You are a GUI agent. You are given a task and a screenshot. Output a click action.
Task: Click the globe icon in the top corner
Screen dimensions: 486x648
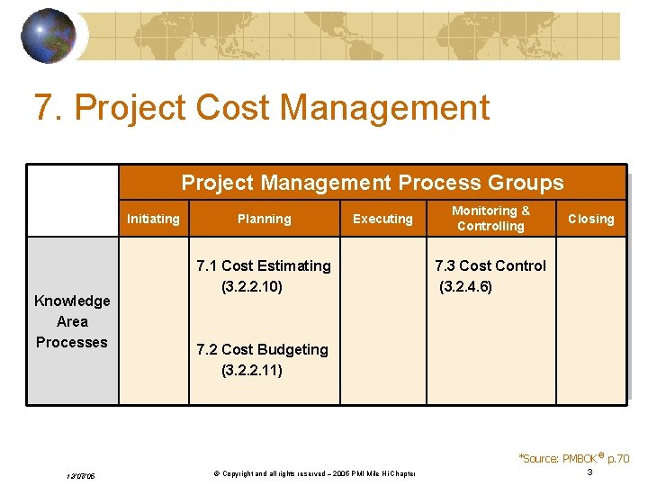point(49,36)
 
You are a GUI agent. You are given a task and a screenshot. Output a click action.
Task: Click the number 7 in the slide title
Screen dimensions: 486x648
point(42,108)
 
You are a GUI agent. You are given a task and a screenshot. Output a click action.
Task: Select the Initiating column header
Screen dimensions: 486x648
point(153,219)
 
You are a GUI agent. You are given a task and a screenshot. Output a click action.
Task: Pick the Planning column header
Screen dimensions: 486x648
point(264,219)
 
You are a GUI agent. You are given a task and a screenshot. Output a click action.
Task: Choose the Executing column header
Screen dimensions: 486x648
point(382,219)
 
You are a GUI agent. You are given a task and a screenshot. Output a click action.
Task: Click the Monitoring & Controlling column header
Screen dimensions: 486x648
point(490,218)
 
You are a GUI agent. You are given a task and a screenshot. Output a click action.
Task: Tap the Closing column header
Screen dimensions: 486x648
point(590,219)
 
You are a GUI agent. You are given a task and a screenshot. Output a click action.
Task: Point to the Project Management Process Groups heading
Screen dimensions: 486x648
point(373,183)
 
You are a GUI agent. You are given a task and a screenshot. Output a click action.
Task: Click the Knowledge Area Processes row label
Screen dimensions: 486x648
point(72,321)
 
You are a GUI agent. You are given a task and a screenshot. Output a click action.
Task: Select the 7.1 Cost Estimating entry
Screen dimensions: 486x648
point(263,265)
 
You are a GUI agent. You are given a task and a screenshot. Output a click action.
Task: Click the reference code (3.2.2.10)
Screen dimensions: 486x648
point(252,286)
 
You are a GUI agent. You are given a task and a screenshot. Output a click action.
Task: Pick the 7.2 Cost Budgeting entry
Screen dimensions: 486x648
point(262,349)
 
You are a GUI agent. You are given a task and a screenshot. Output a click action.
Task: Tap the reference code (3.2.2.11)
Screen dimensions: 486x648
point(252,370)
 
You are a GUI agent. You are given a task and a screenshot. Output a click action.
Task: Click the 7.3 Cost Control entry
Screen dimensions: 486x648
point(490,265)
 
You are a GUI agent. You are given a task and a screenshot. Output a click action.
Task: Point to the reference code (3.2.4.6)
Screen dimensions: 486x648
point(465,286)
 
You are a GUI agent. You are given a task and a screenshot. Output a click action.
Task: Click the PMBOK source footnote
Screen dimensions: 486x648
point(574,458)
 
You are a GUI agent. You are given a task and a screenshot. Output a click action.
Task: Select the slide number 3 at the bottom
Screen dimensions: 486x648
point(589,472)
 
